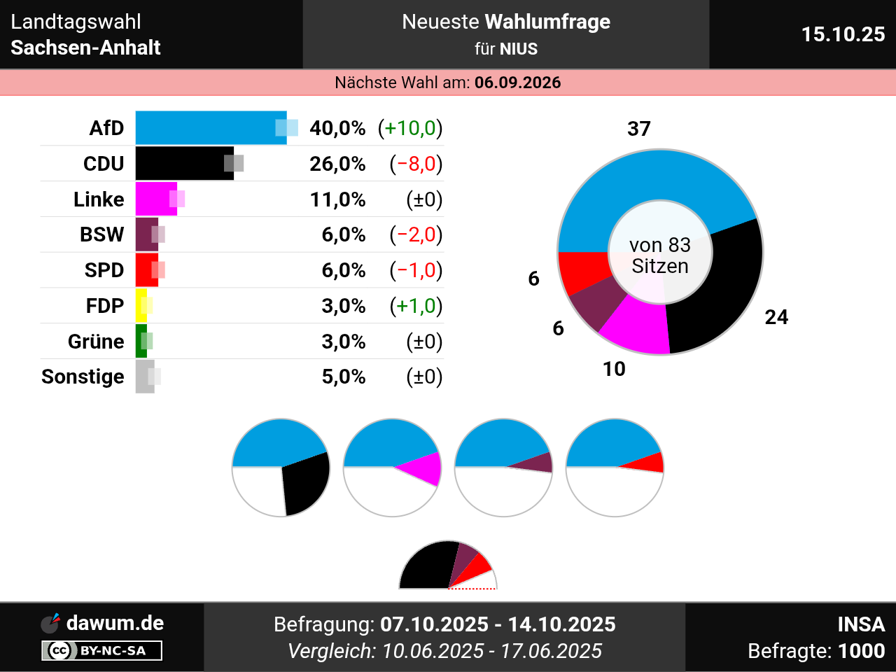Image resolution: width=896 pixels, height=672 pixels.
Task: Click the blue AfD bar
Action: [210, 128]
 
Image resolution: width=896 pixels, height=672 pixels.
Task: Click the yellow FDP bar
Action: [141, 306]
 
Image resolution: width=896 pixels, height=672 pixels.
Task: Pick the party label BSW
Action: [101, 234]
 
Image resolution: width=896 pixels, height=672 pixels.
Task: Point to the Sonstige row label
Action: [83, 377]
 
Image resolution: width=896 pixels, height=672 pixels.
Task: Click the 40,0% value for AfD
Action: [337, 128]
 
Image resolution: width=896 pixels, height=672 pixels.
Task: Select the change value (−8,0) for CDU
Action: [416, 164]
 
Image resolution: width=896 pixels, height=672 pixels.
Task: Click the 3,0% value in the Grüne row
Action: [343, 342]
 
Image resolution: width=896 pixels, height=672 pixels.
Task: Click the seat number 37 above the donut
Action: [638, 129]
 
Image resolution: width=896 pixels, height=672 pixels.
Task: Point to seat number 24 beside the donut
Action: [776, 317]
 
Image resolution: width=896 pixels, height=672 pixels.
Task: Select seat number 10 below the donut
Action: [614, 369]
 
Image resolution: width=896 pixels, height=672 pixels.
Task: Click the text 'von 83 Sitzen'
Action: [660, 255]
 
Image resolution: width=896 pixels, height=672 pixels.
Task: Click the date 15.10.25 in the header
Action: [843, 34]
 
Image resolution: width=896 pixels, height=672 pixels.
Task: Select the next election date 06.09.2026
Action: [517, 83]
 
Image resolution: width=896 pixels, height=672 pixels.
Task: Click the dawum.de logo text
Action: [115, 623]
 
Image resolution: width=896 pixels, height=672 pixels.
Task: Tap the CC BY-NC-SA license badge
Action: [102, 650]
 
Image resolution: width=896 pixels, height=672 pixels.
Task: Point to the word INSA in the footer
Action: [861, 624]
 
